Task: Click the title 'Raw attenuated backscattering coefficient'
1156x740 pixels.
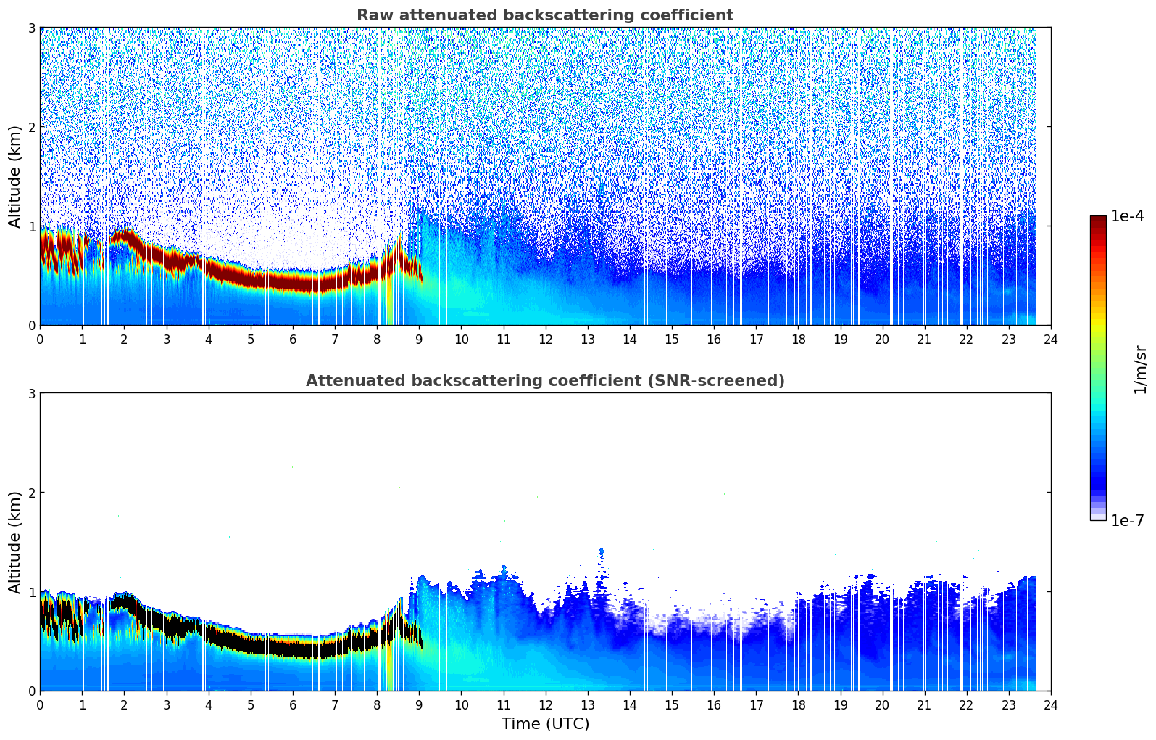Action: click(544, 15)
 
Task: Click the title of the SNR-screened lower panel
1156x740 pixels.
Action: click(544, 381)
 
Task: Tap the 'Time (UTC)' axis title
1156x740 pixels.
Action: click(545, 724)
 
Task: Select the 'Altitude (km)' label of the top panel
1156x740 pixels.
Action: click(14, 176)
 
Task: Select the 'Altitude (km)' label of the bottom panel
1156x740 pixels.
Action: click(14, 542)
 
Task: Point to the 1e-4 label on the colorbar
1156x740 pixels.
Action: click(1127, 216)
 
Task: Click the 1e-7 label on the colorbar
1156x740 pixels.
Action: click(1127, 520)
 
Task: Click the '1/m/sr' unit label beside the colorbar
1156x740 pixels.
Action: click(1140, 369)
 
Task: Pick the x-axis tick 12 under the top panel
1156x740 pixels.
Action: click(545, 340)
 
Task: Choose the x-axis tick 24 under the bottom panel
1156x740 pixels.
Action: click(1050, 705)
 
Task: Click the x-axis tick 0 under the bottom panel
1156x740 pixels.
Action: click(40, 705)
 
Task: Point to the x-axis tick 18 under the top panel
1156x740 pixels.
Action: click(798, 340)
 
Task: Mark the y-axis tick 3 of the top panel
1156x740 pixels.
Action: click(32, 28)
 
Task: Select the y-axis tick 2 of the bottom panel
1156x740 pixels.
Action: click(32, 493)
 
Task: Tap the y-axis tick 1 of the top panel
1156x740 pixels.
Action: click(32, 226)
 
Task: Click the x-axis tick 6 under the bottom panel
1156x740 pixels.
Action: click(293, 705)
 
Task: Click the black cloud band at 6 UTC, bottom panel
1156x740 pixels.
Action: click(293, 647)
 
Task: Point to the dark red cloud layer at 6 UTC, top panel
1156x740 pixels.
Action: click(293, 281)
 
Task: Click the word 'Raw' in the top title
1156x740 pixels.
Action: click(373, 15)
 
